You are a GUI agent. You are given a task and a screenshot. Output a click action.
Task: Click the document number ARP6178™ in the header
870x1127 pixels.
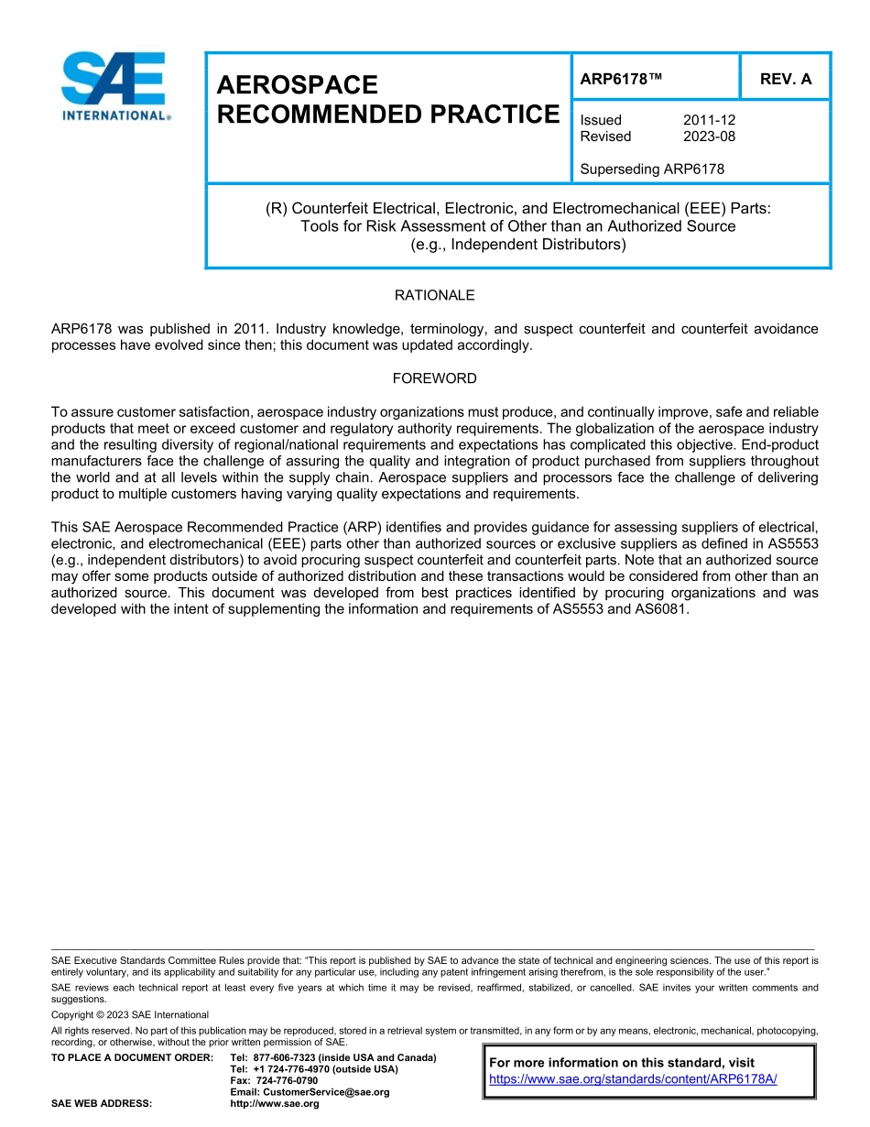[621, 79]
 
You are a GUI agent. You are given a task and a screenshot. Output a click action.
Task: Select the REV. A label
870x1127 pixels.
[786, 79]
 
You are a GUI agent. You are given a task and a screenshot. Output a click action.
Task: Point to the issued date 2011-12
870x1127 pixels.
[709, 120]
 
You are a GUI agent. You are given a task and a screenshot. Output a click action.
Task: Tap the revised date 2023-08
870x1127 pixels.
[709, 137]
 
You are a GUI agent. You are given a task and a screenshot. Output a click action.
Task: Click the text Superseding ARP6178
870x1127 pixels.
[652, 169]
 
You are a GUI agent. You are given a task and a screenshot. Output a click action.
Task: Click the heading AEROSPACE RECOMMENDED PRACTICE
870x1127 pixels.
[386, 100]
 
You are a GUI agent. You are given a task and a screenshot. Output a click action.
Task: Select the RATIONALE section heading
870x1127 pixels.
[434, 295]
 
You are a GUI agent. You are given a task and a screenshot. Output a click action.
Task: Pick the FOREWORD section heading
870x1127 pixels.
[434, 378]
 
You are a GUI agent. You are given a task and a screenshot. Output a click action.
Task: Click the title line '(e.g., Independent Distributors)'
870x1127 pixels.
[518, 245]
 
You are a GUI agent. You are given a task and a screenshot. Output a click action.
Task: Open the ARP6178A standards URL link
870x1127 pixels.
[633, 1078]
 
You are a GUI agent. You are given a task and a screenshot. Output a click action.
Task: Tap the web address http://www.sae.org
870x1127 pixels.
[275, 1104]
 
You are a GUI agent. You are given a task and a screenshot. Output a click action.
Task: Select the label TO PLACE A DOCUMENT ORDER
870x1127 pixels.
[132, 1057]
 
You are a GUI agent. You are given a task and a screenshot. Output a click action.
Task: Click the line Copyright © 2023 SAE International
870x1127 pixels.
[130, 1014]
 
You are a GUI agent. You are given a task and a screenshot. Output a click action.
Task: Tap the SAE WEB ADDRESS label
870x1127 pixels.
[102, 1104]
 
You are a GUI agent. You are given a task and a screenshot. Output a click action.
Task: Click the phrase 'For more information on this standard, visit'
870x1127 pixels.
[622, 1063]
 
